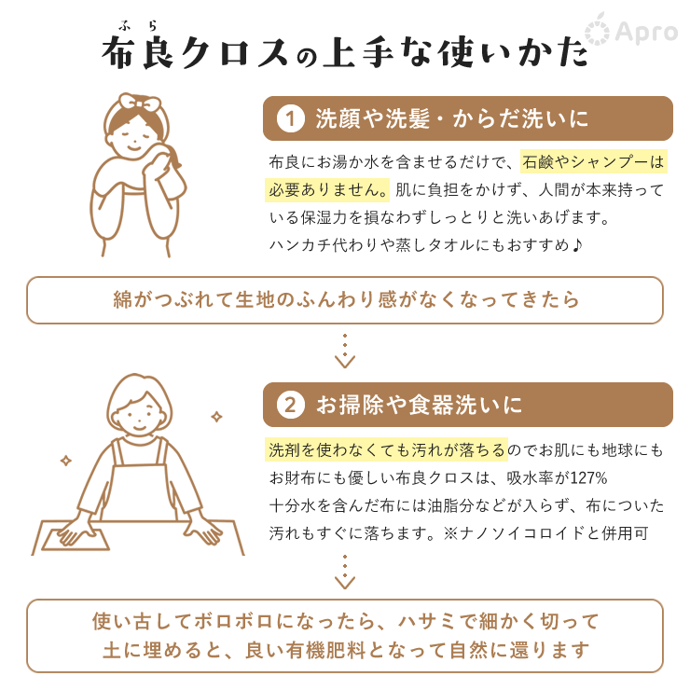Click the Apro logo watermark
[631, 31]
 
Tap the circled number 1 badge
[290, 118]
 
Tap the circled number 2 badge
[290, 405]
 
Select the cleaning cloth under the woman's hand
[76, 539]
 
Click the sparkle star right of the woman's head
[216, 416]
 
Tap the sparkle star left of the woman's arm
[66, 461]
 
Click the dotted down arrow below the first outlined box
[345, 351]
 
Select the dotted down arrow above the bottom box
[345, 572]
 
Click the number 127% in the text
[588, 477]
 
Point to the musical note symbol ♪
[577, 244]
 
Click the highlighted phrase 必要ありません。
[327, 189]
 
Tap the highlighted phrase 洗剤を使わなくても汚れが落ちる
[386, 449]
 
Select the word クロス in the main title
[235, 53]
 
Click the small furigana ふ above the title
[125, 26]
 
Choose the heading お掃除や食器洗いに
[419, 405]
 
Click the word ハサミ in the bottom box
[427, 621]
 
